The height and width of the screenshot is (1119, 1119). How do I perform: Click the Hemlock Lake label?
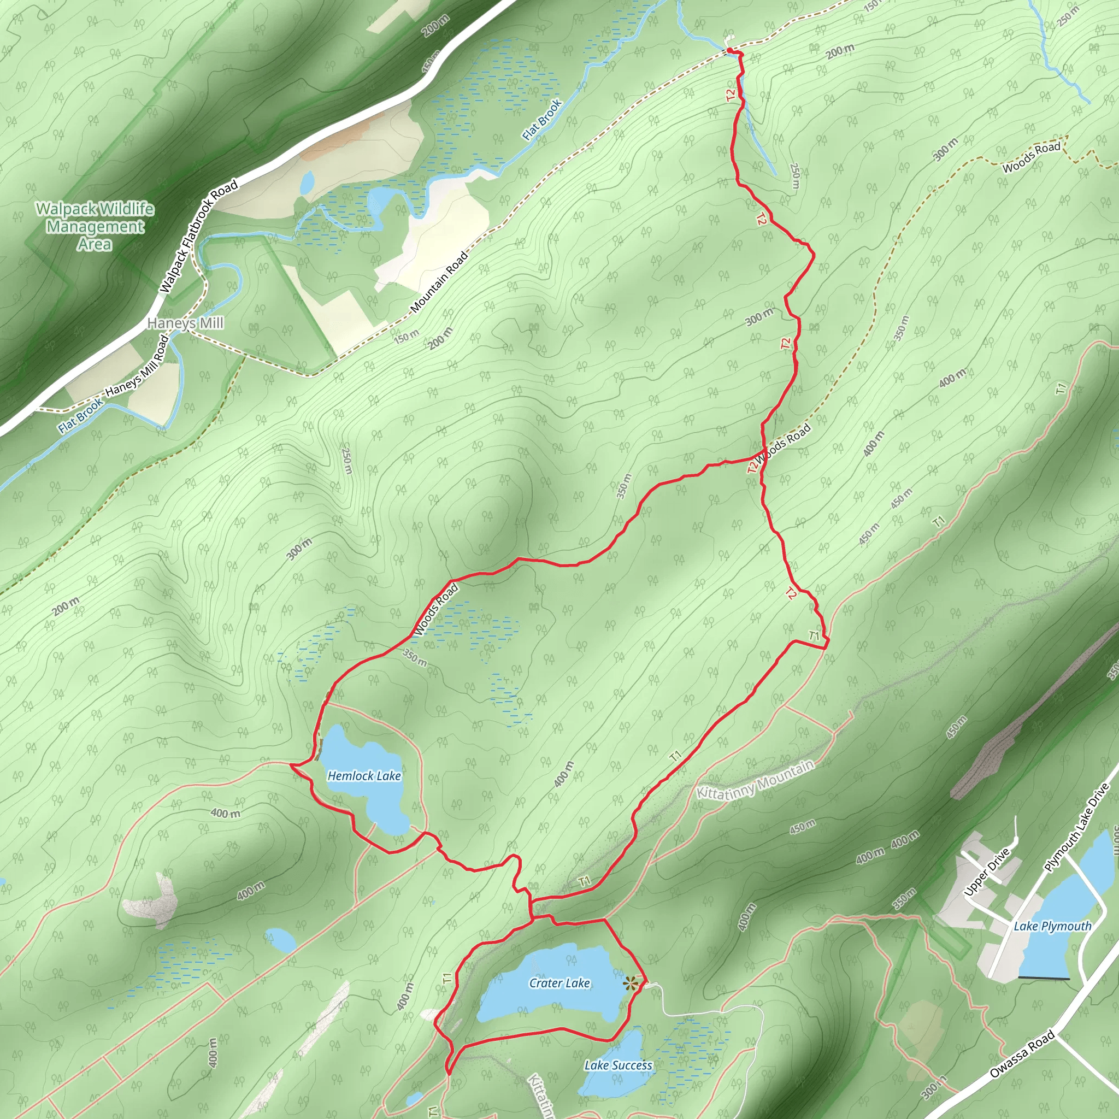364,775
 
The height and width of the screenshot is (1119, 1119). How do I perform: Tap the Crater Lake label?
559,983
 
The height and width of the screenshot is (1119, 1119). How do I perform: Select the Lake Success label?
618,1065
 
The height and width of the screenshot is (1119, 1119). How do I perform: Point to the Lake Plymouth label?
1052,926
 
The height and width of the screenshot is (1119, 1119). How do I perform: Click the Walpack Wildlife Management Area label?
95,226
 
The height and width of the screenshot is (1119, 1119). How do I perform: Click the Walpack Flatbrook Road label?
199,235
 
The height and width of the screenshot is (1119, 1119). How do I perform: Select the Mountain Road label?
439,282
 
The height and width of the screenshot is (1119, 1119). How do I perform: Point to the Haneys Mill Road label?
137,367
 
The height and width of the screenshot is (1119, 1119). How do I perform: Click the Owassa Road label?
1022,1055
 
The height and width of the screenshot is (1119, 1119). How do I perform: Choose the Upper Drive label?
987,872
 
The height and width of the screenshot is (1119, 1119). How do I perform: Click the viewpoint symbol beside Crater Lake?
630,982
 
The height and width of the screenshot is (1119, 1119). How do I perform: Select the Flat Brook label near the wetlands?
541,120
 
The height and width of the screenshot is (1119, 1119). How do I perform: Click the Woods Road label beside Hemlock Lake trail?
435,610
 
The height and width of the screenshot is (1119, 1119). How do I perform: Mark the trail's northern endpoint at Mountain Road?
731,52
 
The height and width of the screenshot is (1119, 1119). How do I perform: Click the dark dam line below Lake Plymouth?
1043,978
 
